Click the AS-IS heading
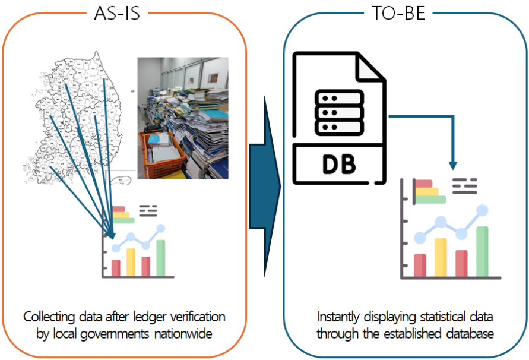tap(117, 14)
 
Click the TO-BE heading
tap(396, 14)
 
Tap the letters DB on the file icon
tap(339, 165)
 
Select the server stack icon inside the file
tap(339, 113)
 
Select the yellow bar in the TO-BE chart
tap(440, 257)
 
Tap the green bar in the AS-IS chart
tap(160, 258)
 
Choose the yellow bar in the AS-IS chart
tap(131, 262)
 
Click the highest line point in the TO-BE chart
tap(482, 210)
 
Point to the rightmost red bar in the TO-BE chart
tap(461, 263)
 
